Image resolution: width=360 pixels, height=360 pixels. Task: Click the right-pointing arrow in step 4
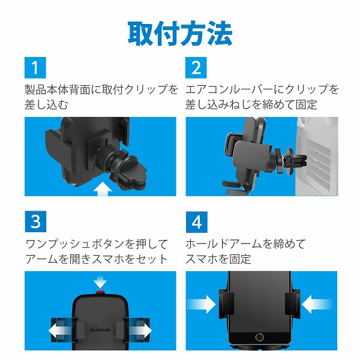point(203,304)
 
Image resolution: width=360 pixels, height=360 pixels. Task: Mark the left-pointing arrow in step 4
point(314,304)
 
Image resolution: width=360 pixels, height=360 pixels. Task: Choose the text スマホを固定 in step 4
point(218,259)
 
